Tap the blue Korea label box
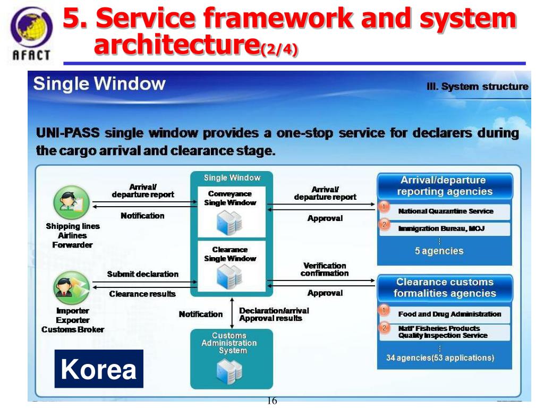[99, 369]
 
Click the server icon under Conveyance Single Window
[230, 222]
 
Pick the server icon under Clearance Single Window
[230, 277]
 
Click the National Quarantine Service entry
[445, 211]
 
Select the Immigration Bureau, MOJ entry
[441, 228]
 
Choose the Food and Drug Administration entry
[449, 314]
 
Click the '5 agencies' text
[439, 251]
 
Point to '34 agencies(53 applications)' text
[440, 358]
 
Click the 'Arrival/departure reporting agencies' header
[445, 186]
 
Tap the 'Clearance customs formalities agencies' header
[445, 287]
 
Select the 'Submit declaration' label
[142, 274]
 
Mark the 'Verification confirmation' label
[324, 269]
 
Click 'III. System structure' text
[477, 87]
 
